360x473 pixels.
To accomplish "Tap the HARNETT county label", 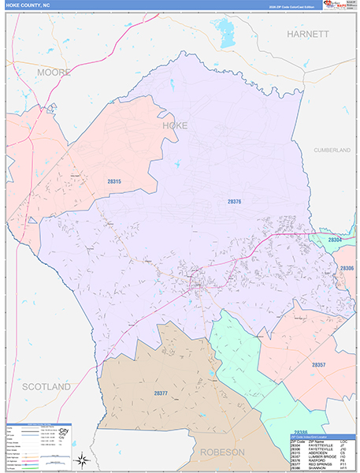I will point(306,35).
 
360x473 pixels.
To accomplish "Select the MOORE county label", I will point(54,73).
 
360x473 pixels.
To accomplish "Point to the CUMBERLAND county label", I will point(331,149).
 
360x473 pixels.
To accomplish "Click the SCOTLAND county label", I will point(46,387).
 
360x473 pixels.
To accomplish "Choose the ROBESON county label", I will point(223,452).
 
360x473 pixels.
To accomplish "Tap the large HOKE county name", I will point(174,125).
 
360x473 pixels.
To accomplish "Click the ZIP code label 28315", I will point(115,182).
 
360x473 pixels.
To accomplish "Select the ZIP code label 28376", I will point(234,202).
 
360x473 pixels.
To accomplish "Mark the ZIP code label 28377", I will point(161,393).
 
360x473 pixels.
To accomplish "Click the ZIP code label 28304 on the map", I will point(336,240).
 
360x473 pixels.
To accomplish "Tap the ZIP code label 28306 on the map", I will point(347,269).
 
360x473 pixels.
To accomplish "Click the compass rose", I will point(81,459).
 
